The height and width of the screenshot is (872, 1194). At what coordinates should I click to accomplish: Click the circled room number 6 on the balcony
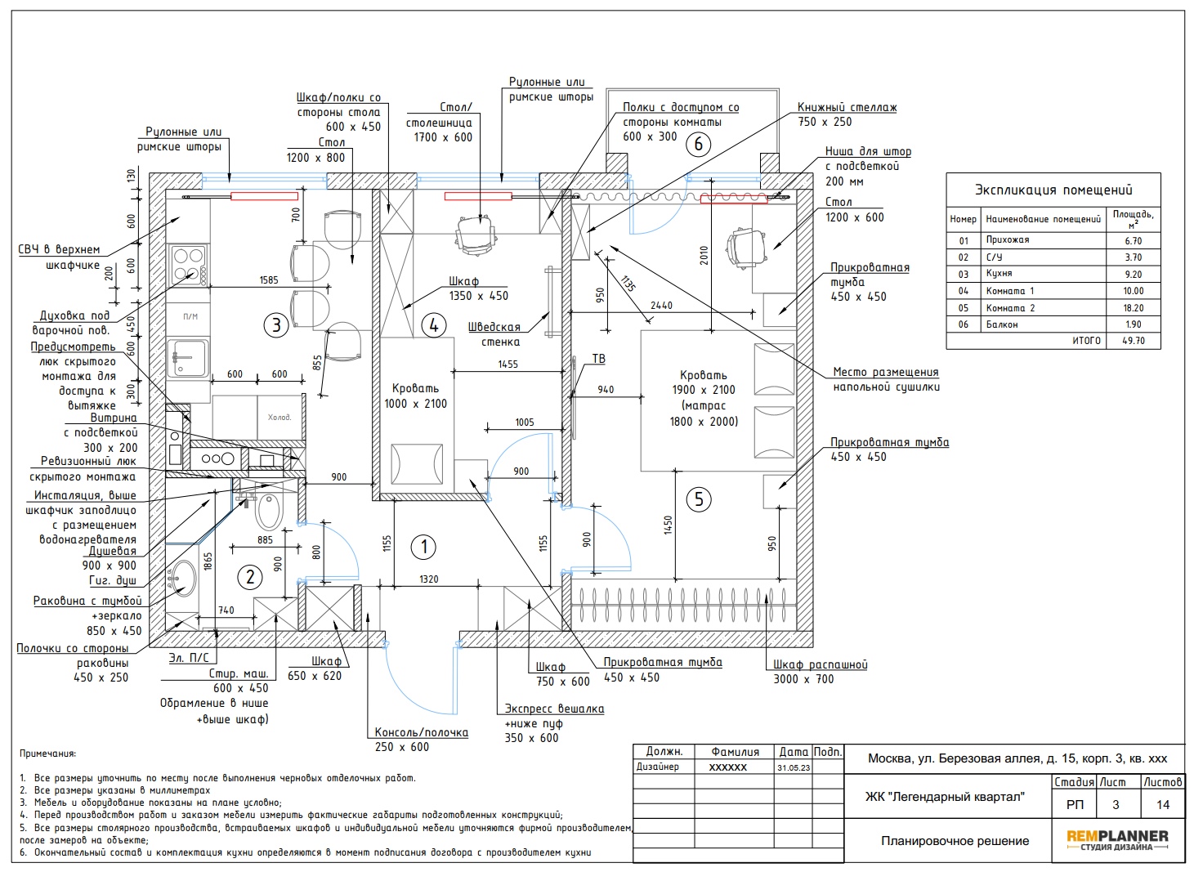698,144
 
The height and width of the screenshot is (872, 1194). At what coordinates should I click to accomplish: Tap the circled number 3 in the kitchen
276,324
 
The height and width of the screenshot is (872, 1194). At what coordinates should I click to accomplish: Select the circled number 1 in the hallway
424,547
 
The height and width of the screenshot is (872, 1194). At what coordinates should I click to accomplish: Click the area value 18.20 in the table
1134,307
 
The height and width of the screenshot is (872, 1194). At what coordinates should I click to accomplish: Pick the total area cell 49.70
1134,340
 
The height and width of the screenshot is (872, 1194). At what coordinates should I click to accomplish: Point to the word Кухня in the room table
999,274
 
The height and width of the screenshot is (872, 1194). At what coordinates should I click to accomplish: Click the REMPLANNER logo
1117,839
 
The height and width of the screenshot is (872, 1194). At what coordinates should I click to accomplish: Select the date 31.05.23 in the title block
794,767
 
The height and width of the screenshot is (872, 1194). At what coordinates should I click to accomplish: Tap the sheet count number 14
1163,804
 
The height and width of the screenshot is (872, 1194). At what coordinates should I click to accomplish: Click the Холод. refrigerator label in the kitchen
279,417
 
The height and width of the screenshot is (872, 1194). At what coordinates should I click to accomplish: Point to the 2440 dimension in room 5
661,306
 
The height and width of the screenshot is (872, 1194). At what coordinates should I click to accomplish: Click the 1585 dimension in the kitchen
269,279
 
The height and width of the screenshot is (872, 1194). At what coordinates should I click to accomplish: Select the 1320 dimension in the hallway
428,579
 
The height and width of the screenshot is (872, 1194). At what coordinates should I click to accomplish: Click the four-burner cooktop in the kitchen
188,265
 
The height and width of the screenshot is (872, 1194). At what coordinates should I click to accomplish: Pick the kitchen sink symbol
186,358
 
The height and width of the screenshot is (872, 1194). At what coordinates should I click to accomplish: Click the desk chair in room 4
476,235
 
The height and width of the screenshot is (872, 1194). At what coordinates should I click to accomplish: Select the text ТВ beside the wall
598,359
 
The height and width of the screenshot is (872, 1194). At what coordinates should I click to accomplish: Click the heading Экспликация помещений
1053,190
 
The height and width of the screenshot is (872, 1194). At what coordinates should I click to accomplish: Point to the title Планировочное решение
955,841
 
